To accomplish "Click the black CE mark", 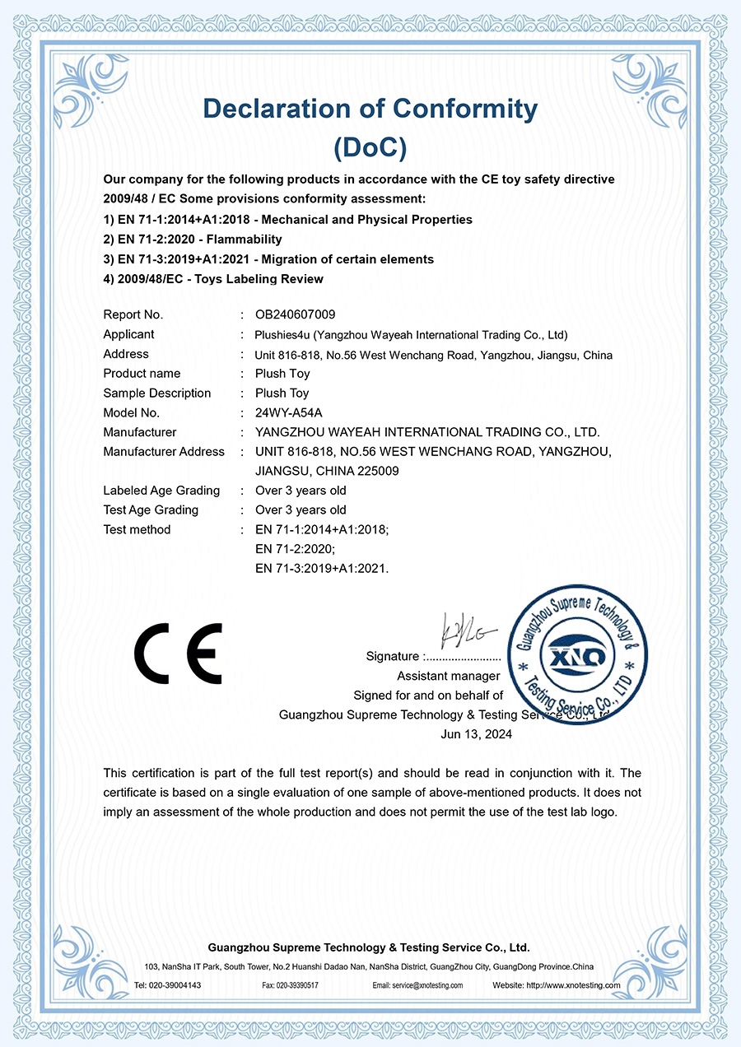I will coord(178,654).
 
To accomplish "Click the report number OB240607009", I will coord(296,314).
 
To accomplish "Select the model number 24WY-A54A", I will coord(290,413).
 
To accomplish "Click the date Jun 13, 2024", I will coord(476,734).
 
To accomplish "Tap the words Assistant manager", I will coord(448,676).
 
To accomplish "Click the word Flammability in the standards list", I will coord(245,240).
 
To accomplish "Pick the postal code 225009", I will coord(375,472).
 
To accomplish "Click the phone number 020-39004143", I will coord(174,985).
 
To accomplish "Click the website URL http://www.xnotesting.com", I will coord(574,985).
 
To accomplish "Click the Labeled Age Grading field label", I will coord(161,491).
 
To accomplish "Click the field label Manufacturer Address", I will coord(164,452).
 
